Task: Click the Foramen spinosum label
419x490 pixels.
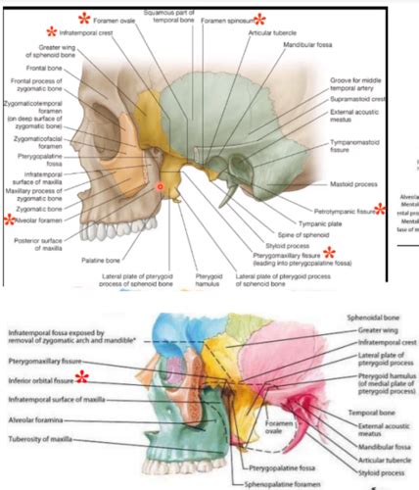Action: (226, 19)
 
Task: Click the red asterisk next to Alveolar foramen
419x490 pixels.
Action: (9, 220)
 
